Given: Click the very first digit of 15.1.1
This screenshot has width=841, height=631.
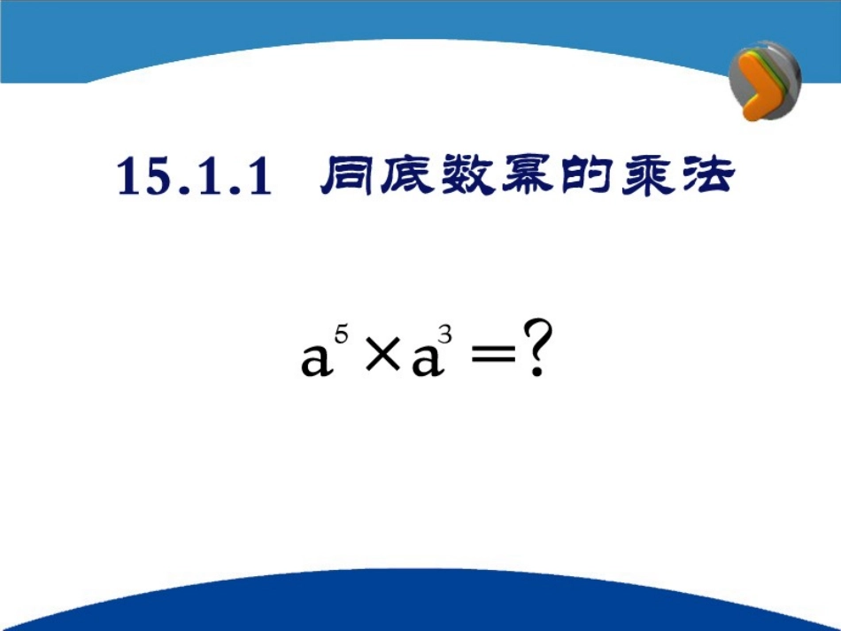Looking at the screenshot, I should (130, 177).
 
